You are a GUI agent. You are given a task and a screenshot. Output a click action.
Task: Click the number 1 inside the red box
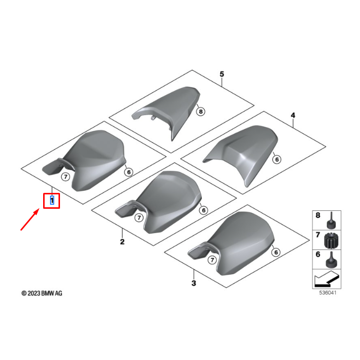tap(52, 200)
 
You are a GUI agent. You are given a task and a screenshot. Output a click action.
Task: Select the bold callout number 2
tap(122, 241)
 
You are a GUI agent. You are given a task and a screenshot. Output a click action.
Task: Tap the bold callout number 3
tap(194, 283)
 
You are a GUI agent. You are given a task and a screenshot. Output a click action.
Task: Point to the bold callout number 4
tap(293, 115)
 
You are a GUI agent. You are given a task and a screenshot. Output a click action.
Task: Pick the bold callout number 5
tap(222, 74)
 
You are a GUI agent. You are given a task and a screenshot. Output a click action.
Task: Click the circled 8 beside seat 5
tap(201, 112)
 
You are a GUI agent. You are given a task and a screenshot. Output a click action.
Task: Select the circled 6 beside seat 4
tap(277, 159)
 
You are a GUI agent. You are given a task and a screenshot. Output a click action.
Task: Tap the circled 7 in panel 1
tap(65, 177)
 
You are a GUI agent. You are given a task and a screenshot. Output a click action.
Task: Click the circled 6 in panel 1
tap(129, 172)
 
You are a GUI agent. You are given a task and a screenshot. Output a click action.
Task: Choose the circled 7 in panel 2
tap(139, 218)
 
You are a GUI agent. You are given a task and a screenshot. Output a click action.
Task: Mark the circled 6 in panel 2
tap(204, 210)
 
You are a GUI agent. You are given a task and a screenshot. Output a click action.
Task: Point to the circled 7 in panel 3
tap(212, 260)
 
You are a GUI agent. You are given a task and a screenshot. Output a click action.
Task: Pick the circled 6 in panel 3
tap(276, 252)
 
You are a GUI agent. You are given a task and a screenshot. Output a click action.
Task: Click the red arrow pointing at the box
tap(30, 219)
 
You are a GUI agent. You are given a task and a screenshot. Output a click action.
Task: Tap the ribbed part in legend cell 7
tap(331, 240)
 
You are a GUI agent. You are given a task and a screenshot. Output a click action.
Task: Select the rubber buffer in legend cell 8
tap(331, 221)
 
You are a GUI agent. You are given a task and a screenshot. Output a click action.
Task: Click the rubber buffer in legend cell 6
tap(331, 260)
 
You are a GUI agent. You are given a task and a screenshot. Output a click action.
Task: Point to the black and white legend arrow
tap(326, 279)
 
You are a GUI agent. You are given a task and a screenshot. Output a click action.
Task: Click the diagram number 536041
tap(328, 293)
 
